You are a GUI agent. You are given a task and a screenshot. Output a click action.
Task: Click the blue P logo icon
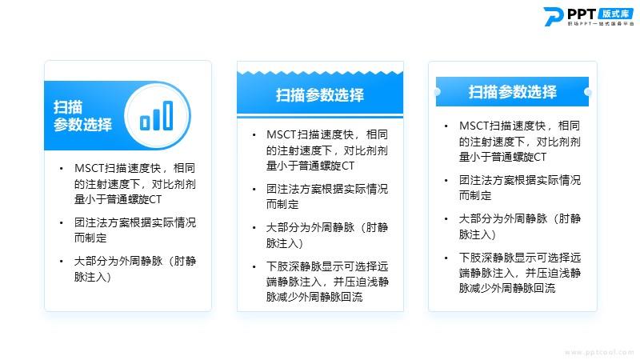[554, 17]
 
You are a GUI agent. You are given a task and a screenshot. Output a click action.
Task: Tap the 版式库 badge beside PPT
[616, 14]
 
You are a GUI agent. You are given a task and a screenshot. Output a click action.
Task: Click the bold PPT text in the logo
[582, 14]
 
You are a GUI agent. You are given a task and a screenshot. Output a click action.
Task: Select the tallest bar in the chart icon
[168, 115]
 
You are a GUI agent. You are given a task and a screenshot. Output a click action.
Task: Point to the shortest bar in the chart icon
[145, 123]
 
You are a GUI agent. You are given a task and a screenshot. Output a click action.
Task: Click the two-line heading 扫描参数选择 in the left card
[82, 115]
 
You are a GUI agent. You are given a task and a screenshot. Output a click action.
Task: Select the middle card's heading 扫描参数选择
[319, 95]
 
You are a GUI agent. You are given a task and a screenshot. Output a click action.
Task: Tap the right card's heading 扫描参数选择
[512, 92]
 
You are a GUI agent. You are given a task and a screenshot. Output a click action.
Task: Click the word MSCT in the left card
[90, 168]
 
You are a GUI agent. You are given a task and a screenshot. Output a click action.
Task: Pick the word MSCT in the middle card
[282, 134]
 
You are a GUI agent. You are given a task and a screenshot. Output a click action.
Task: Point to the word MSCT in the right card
[474, 126]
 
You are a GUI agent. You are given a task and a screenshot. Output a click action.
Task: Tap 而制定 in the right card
[475, 195]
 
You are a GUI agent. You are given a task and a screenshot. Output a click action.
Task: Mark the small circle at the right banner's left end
[437, 92]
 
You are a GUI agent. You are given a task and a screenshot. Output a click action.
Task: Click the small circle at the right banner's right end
[588, 92]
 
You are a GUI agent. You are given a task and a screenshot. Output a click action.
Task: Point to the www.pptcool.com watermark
[599, 352]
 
